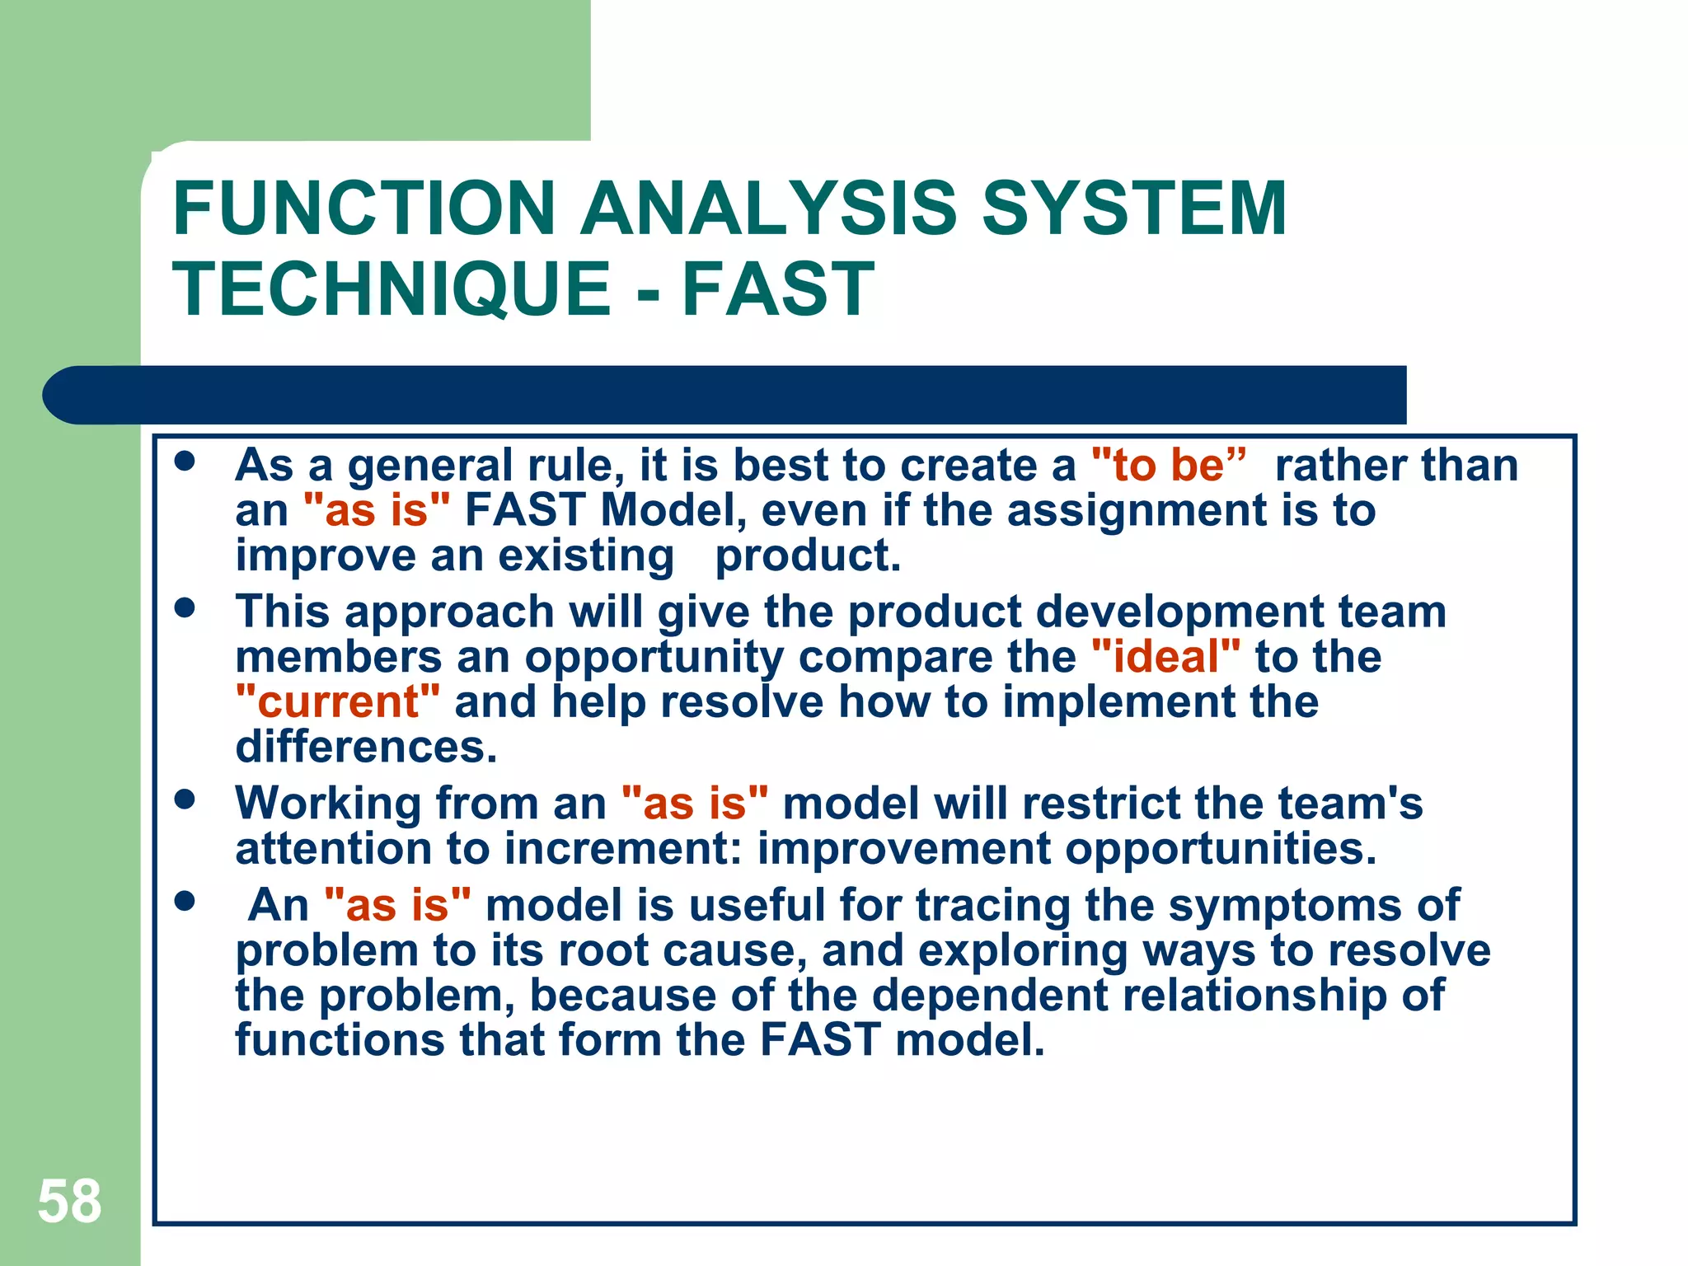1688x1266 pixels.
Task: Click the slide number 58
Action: coord(69,1201)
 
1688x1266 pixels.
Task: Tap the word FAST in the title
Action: coord(777,288)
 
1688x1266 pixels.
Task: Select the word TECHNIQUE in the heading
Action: coord(392,288)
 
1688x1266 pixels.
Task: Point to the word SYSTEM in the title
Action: coord(1133,209)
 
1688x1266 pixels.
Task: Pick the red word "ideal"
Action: coord(1165,657)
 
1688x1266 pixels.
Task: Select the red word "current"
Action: coord(337,702)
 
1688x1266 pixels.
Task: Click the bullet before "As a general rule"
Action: coord(185,461)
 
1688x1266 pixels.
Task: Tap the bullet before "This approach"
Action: coord(185,608)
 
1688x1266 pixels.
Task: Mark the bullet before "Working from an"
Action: coord(185,799)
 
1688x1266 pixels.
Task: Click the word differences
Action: coord(366,747)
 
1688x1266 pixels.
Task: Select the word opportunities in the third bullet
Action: coord(1220,848)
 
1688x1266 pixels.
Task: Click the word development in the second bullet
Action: coord(1179,612)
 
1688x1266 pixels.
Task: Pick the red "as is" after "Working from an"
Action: coord(694,803)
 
